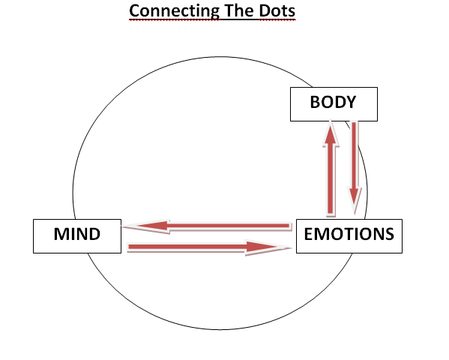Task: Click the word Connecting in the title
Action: [x=174, y=11]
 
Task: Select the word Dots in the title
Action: [x=277, y=11]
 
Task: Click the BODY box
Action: [x=334, y=104]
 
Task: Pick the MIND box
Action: [x=77, y=236]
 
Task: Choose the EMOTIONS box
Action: [x=349, y=236]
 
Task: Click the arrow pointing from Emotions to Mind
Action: [x=208, y=226]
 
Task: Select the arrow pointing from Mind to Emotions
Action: [x=208, y=247]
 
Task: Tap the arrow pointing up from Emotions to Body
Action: [x=331, y=168]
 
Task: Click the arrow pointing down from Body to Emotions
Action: [x=355, y=168]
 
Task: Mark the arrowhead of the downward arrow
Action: [x=355, y=201]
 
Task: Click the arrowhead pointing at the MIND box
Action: [x=146, y=226]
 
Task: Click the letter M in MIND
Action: [x=61, y=234]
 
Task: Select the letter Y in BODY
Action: [x=350, y=102]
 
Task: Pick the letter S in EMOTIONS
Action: [x=388, y=234]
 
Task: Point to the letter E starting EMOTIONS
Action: [x=308, y=234]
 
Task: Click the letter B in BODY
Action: [x=316, y=102]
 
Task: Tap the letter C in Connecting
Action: [x=134, y=11]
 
